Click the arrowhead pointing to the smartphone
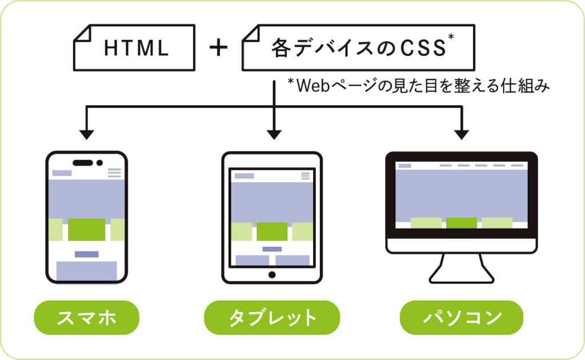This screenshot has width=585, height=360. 86,134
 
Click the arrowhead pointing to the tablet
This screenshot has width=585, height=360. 274,134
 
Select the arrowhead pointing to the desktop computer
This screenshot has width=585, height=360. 462,134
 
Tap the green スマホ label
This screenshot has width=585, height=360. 86,318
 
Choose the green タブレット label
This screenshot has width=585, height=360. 272,318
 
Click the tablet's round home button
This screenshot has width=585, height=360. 272,275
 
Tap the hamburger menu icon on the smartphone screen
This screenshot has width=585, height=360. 114,173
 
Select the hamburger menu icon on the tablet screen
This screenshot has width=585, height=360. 305,176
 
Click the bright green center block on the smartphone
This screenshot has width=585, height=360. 86,229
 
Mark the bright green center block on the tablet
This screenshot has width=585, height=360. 272,231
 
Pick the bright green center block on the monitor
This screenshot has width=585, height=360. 462,223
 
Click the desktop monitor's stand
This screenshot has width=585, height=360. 462,269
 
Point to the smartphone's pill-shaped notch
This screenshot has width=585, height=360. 83,162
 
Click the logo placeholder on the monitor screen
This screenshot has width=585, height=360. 404,166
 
